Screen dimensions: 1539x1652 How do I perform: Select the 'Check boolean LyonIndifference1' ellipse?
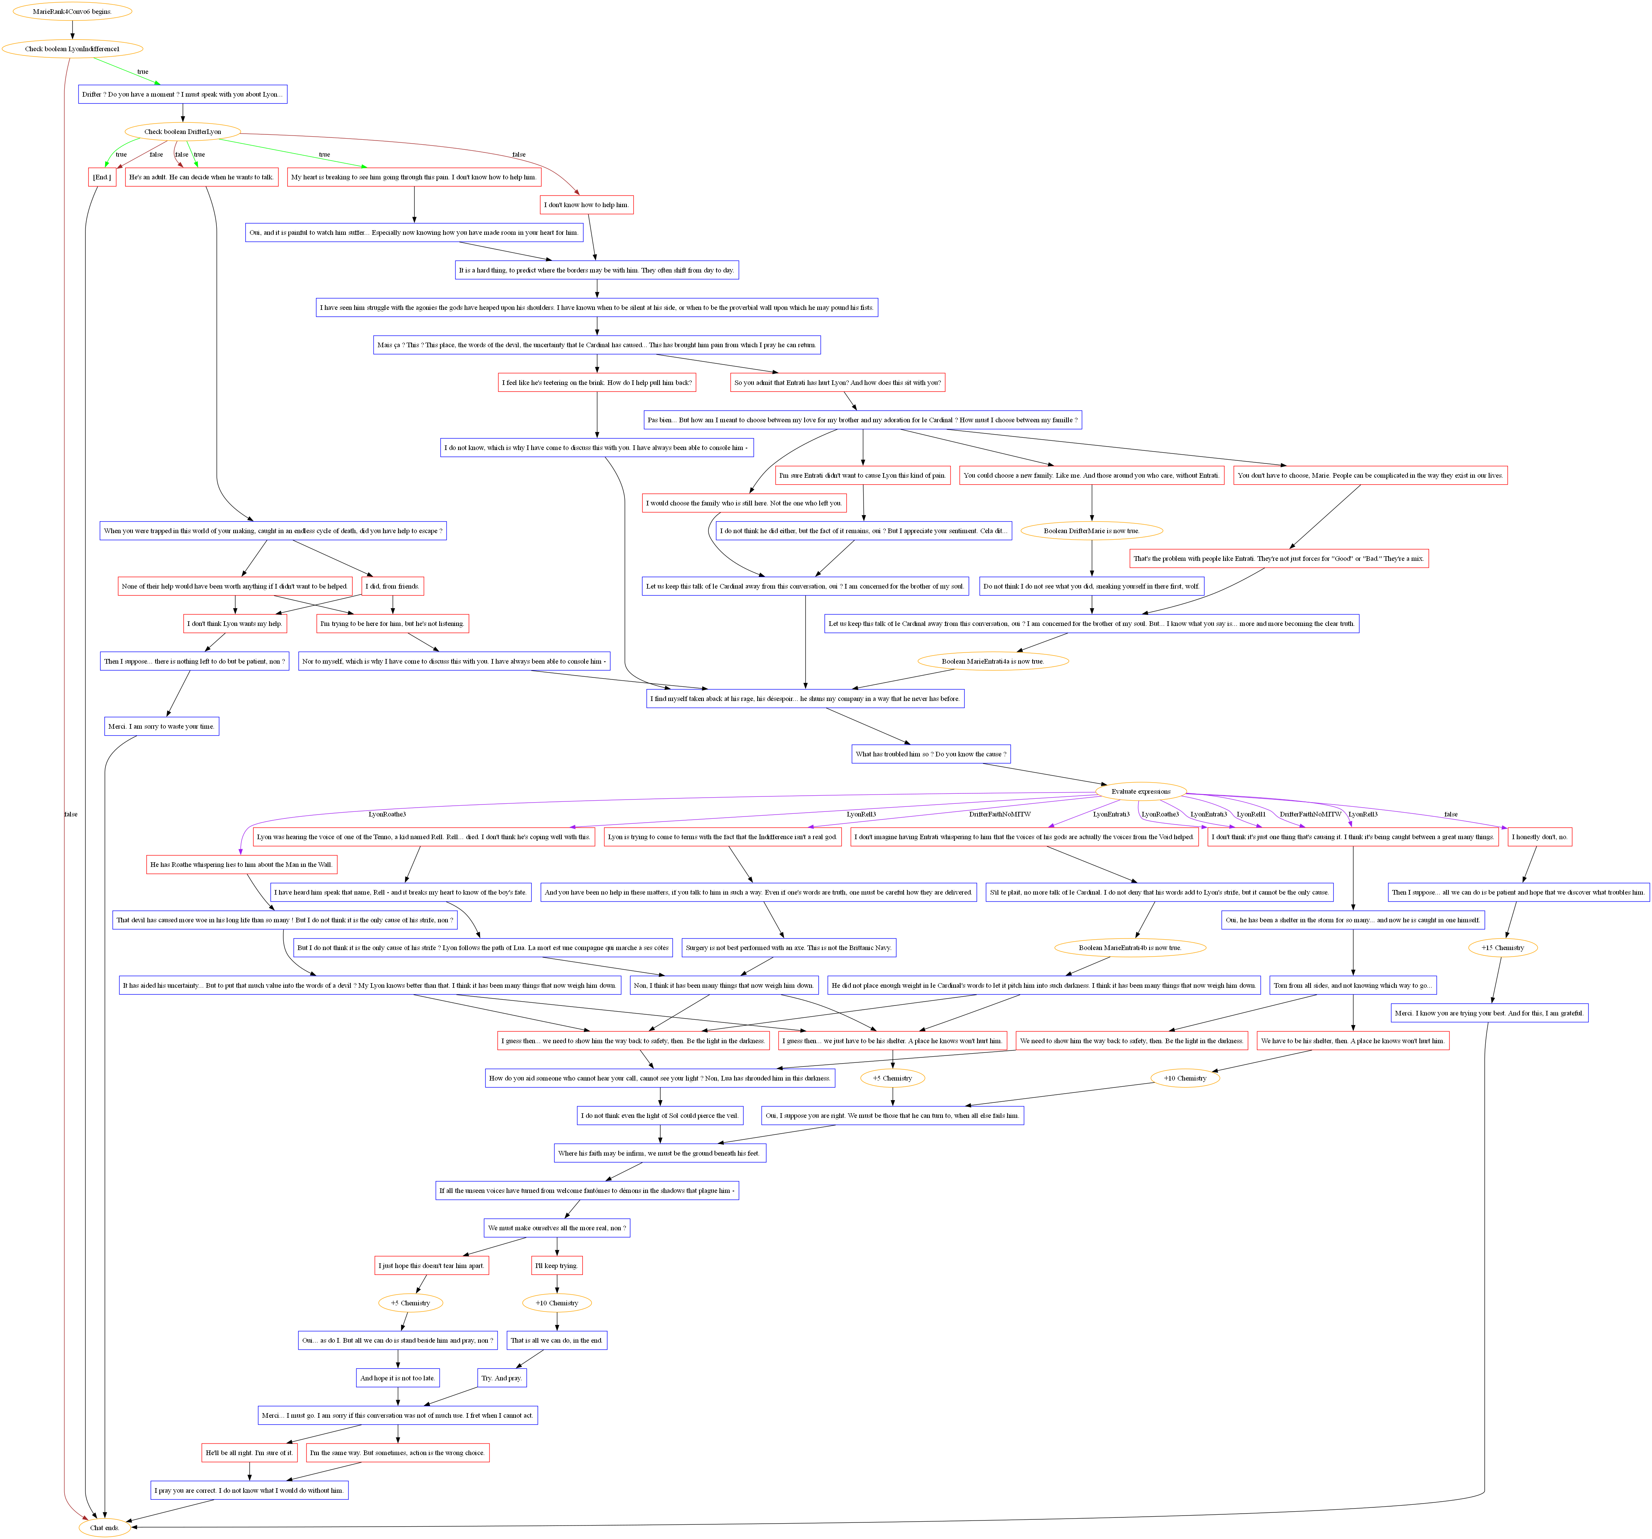(x=72, y=49)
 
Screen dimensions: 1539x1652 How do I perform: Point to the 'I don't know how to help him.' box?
(x=587, y=204)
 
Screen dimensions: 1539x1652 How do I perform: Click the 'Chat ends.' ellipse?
(x=105, y=1527)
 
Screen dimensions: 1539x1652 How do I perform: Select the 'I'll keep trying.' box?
(x=557, y=1266)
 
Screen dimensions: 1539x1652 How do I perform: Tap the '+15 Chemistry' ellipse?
(x=1502, y=947)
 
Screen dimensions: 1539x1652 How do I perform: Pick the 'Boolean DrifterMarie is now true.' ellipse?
(x=1091, y=530)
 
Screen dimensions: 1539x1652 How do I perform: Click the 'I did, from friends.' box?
(x=392, y=586)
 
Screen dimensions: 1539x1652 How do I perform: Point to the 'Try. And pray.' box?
(x=502, y=1378)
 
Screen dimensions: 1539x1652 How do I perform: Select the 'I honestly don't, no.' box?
(x=1539, y=837)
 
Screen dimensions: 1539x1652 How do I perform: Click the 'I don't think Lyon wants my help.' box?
(x=235, y=623)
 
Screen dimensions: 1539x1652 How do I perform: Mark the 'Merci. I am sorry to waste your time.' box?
(x=161, y=726)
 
